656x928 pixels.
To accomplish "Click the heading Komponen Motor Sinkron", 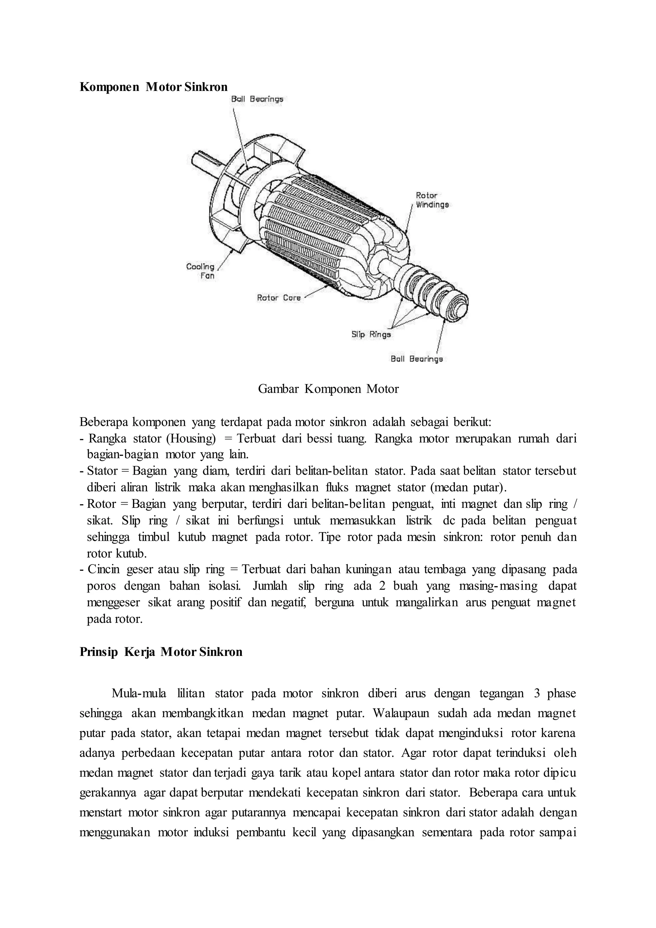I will [x=153, y=87].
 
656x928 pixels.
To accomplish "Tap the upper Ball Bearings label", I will [x=257, y=99].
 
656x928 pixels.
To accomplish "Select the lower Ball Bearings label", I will [x=416, y=359].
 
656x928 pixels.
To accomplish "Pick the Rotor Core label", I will [x=279, y=298].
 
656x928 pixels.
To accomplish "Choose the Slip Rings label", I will [x=371, y=334].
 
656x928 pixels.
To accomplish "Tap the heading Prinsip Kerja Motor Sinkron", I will [x=161, y=652].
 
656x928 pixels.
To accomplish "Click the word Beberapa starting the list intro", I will [x=103, y=422].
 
